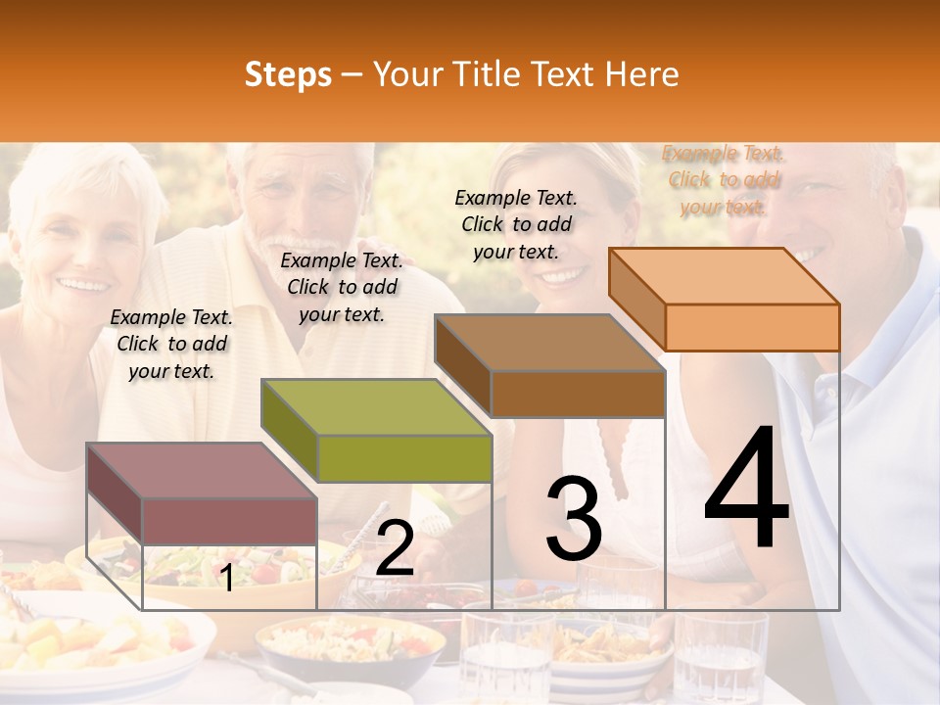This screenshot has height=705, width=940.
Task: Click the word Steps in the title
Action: pyautogui.click(x=288, y=74)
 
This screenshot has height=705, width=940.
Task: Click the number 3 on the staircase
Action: pyautogui.click(x=574, y=519)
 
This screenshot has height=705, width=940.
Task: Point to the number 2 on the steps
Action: pyautogui.click(x=395, y=548)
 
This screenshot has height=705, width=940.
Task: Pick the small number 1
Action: pyautogui.click(x=226, y=578)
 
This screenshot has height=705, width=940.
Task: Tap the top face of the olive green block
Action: pyautogui.click(x=376, y=406)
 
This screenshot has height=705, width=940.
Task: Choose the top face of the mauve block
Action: pyautogui.click(x=202, y=470)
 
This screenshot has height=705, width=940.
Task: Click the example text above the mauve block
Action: pyautogui.click(x=171, y=344)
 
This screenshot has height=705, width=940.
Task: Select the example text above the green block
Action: pyautogui.click(x=342, y=287)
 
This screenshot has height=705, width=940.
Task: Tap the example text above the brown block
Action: pyautogui.click(x=516, y=224)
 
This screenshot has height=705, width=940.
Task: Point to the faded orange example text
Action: pyautogui.click(x=724, y=179)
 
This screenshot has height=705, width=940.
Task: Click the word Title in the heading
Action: pyautogui.click(x=487, y=74)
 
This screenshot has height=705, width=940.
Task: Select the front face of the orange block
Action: pyautogui.click(x=752, y=327)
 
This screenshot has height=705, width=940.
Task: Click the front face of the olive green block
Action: pyautogui.click(x=404, y=458)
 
